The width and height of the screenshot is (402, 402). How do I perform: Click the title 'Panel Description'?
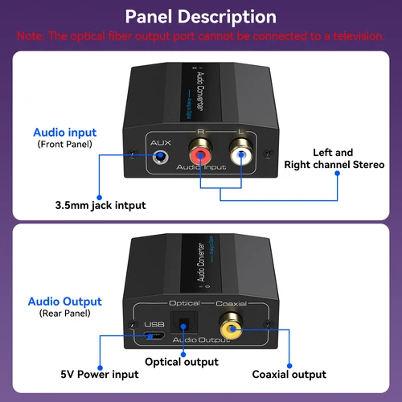(201, 16)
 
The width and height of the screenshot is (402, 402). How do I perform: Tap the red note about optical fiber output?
(201, 36)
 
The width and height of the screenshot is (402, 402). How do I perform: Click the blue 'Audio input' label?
(64, 133)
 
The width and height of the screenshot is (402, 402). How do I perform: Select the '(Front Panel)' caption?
(64, 145)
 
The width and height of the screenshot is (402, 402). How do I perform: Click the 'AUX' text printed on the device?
(161, 142)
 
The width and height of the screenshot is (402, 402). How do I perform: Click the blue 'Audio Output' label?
(65, 301)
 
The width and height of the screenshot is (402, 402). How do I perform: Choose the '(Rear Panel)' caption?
(65, 314)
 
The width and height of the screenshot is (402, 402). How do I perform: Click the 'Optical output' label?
(181, 363)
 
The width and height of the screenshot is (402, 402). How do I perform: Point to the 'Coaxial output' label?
(289, 374)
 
